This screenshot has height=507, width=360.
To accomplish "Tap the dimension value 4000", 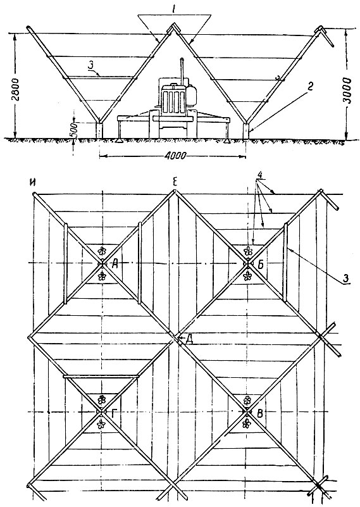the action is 175,156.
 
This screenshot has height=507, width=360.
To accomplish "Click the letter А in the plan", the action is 115,265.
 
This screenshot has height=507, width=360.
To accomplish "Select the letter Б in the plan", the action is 261,265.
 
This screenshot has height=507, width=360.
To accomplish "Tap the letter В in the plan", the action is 259,413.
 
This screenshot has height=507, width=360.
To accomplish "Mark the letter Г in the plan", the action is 113,414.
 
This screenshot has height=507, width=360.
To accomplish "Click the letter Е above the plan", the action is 175,184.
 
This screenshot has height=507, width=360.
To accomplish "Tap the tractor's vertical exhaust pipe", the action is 183,70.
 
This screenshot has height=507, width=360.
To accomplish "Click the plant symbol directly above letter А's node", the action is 102,251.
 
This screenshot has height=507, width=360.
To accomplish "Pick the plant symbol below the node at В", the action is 247,423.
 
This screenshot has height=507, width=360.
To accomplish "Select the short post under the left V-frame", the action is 100,130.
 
